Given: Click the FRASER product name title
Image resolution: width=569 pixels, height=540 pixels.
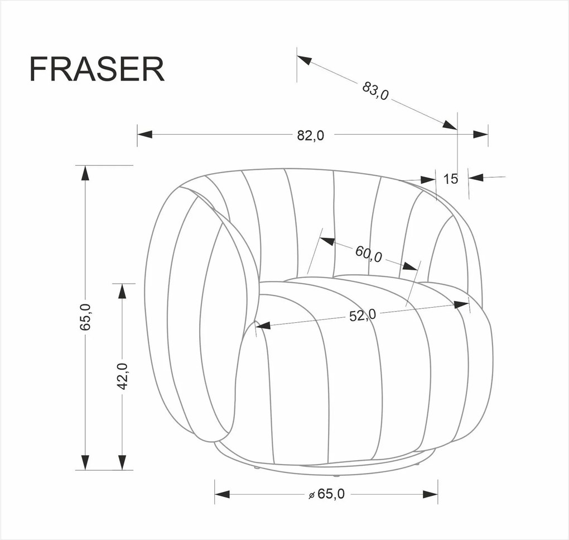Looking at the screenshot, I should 97,69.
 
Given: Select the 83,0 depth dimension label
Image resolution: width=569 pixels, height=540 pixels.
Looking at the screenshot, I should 375,90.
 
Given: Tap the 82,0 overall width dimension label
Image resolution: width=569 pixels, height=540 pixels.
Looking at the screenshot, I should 310,135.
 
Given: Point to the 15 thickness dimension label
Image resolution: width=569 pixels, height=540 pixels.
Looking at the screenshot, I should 451,179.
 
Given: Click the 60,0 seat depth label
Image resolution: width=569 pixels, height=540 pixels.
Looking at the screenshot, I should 369,254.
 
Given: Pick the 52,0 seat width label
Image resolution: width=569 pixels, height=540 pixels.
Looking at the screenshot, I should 363,316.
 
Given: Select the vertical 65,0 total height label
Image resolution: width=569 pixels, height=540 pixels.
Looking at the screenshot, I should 85,317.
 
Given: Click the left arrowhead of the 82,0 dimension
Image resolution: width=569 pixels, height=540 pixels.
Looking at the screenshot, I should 145,134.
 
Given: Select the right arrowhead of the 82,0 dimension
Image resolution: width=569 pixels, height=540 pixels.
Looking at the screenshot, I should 480,134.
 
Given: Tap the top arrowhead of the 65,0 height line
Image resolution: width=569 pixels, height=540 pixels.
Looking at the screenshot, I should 85,173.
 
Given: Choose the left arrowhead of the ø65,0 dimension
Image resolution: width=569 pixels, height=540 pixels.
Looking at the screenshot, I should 222,494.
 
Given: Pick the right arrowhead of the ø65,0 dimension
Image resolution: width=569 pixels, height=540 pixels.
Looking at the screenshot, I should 430,494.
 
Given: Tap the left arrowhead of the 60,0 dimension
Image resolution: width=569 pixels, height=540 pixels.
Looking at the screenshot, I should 327,242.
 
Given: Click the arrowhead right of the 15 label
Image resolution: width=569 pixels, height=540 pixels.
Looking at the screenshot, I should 475,178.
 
